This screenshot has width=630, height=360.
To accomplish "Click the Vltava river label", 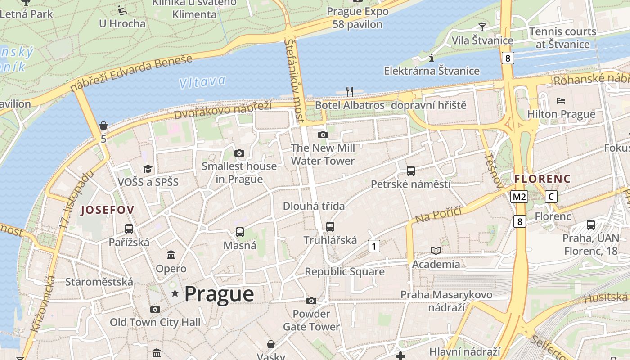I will tap(202, 82).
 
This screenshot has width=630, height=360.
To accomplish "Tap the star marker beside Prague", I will tap(175, 294).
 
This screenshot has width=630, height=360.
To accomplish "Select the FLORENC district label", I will tap(542, 179).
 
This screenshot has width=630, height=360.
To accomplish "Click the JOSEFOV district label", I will tap(107, 210).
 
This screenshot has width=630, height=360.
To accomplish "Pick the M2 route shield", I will tap(519, 197).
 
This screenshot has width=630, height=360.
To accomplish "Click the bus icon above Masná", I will tap(240, 232).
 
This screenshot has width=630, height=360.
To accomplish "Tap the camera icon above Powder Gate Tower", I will tap(311, 301).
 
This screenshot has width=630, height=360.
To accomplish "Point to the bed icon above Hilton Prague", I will tap(561, 100).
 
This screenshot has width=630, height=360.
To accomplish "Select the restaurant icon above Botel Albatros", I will tap(350, 92).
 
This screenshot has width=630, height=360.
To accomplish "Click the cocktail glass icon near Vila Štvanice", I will tap(482, 27).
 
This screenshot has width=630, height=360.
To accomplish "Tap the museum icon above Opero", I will tap(171, 255).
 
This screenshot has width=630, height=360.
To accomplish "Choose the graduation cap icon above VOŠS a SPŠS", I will tap(148, 169).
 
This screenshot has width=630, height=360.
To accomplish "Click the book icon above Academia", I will tap(436, 251).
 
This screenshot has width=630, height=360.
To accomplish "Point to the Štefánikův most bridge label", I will tap(295, 81).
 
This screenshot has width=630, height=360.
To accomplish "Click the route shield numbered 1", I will tap(373, 246).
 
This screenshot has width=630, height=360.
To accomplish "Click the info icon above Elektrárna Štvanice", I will tap(432, 58).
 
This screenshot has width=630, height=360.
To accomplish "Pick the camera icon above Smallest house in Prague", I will tap(239, 153).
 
